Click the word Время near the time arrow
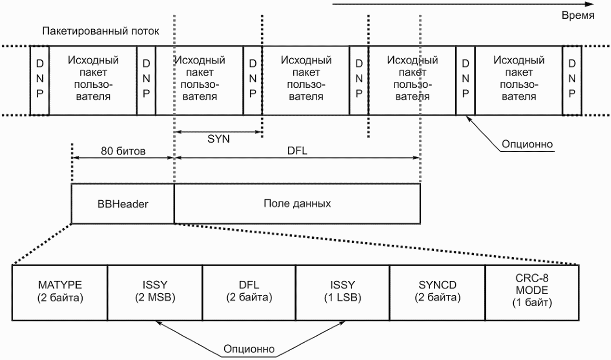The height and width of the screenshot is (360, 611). pos(578,16)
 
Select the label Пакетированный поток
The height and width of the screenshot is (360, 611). pos(100,31)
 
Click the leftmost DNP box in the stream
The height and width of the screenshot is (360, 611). pos(40,80)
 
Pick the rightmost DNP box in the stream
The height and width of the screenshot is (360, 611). pos(572,80)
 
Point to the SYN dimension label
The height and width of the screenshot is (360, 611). pos(219,139)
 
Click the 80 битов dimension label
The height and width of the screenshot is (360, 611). pos(123,151)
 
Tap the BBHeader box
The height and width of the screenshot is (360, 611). pos(123,204)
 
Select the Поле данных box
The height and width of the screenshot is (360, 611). pos(297,204)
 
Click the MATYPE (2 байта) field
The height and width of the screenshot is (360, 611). pos(60,293)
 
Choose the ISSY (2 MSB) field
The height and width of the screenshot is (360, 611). pos(155,293)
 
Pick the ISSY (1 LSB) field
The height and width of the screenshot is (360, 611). pos(343,293)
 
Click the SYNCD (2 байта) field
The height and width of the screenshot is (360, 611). pos(438,293)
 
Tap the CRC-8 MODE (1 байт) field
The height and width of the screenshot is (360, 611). pos(532,293)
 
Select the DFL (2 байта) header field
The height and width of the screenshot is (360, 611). pos(249,293)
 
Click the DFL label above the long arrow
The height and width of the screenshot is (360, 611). pos(297,151)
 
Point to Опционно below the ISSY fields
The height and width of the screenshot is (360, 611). pos(249,349)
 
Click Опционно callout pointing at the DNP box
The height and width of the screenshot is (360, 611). pos(527,144)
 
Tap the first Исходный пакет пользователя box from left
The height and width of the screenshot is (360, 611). pos(93,80)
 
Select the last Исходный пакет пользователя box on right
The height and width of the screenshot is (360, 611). pos(519,80)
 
